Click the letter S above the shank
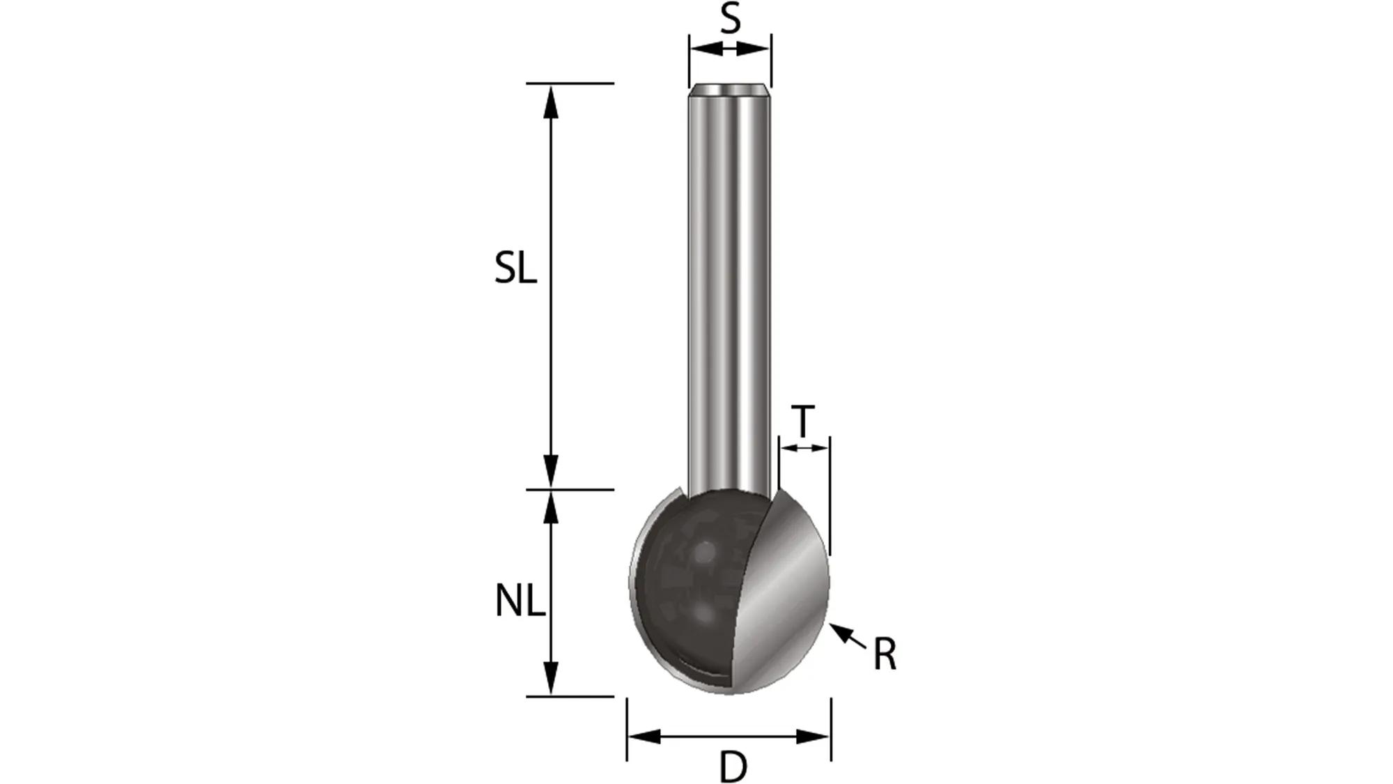730,20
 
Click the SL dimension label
515,268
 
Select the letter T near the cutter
804,421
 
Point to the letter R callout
885,655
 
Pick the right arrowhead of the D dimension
813,736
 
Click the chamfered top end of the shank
730,91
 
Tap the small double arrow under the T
804,448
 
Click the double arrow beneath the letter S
730,49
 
